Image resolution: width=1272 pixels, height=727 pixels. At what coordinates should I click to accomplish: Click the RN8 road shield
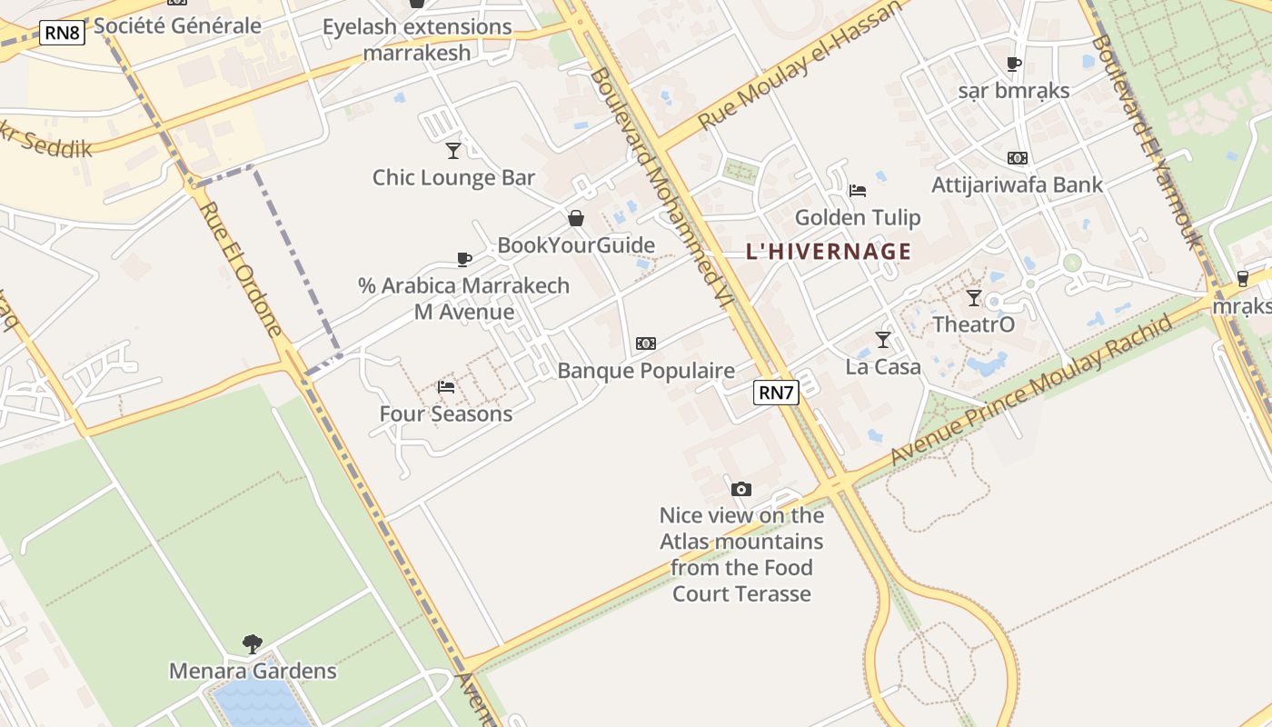62,35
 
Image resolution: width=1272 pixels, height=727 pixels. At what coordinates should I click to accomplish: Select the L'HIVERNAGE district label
828,252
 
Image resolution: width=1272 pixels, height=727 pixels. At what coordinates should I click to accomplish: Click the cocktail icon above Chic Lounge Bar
453,150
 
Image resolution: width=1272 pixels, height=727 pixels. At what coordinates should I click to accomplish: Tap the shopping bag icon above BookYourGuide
575,218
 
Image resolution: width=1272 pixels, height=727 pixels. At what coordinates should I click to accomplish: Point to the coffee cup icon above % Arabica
464,259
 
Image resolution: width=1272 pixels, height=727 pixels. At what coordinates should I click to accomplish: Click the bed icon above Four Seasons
446,387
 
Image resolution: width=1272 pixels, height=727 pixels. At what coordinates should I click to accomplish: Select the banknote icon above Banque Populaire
646,344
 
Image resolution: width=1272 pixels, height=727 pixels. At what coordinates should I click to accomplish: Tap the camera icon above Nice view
741,489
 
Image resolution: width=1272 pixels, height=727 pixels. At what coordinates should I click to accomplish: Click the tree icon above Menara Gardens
253,644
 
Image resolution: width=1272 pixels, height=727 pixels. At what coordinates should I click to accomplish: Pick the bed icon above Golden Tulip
858,191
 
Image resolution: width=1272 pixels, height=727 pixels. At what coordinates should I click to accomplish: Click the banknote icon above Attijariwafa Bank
1017,158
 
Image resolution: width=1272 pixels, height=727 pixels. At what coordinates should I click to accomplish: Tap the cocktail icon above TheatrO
974,297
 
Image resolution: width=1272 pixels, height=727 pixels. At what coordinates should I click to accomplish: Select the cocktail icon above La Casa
883,340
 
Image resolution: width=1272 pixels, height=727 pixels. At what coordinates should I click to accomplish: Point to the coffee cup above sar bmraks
1014,64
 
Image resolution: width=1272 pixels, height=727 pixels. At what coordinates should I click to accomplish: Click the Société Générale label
178,25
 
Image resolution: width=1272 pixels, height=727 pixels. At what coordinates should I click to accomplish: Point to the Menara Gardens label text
253,672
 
